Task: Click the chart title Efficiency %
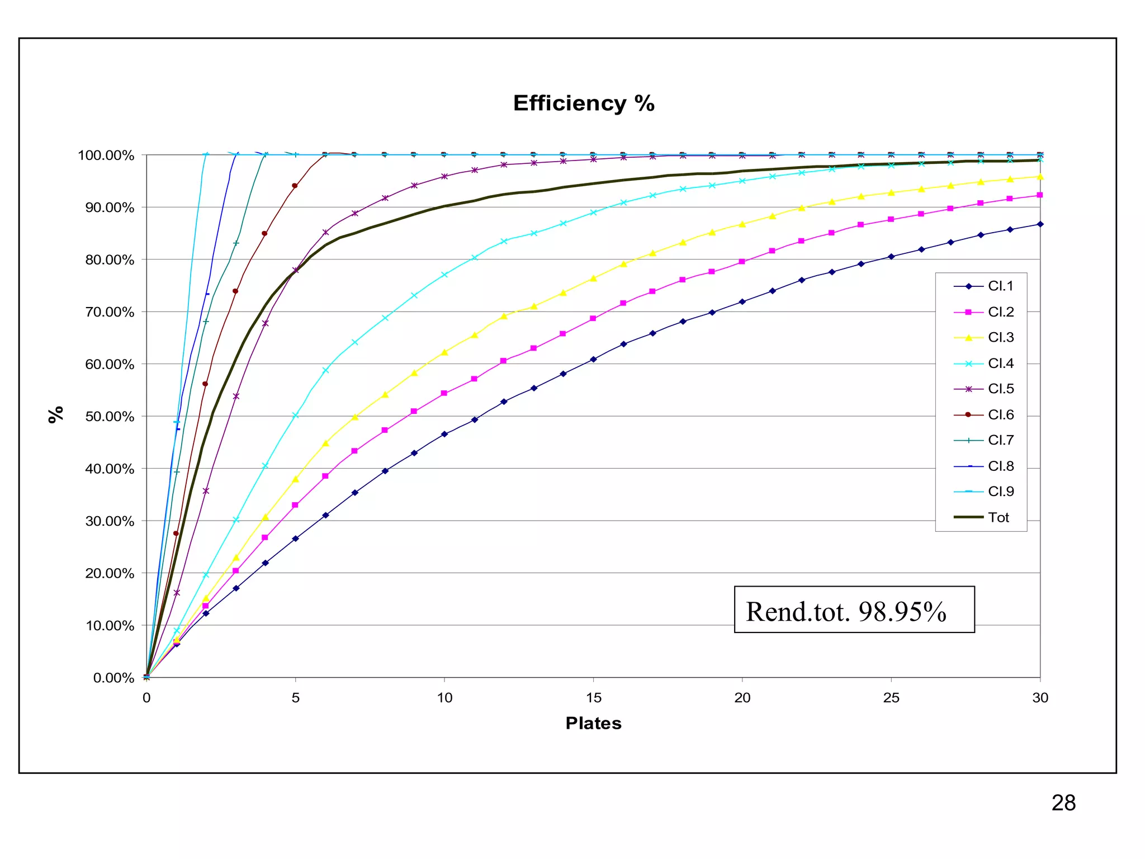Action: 584,103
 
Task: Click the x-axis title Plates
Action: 593,723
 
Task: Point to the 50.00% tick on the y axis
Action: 113,417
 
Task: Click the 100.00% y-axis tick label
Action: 106,155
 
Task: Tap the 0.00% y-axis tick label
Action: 113,678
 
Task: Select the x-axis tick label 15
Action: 593,698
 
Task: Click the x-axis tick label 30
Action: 1040,698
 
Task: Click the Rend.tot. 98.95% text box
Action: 854,610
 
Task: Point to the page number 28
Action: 1063,803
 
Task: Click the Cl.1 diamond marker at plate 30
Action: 1040,224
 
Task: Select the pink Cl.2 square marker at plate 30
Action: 1040,195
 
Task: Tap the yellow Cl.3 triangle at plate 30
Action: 1040,177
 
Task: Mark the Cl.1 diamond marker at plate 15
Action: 593,359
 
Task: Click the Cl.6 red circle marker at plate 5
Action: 295,186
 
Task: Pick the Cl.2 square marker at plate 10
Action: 444,393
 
